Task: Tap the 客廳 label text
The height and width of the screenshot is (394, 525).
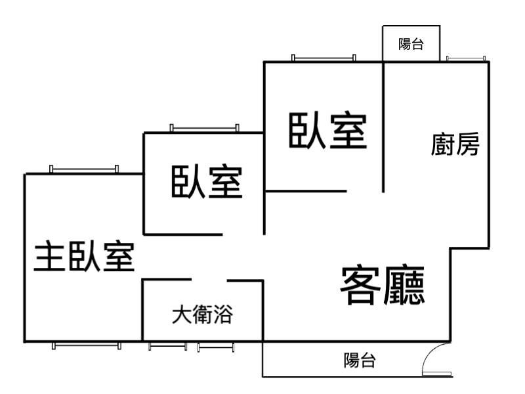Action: tap(382, 285)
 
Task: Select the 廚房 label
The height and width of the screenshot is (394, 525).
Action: tap(455, 144)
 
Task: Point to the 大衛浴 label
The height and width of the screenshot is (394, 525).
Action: tap(202, 315)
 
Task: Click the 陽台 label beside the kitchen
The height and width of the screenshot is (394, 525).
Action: tap(411, 45)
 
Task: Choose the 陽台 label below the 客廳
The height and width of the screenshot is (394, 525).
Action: tap(360, 360)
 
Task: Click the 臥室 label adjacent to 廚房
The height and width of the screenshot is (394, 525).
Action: tap(326, 131)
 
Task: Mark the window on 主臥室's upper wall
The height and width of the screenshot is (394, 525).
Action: tap(84, 169)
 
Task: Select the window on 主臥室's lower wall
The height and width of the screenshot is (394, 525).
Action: tap(87, 345)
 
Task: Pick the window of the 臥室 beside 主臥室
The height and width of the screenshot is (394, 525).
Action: tap(204, 128)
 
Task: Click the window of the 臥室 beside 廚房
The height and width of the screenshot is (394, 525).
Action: tap(324, 58)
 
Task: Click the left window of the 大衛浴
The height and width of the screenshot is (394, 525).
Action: tap(167, 346)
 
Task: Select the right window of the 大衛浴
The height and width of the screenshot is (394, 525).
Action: tap(216, 346)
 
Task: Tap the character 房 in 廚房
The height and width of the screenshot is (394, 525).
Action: tap(468, 144)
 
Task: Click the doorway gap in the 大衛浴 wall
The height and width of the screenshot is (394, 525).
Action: tap(209, 280)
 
